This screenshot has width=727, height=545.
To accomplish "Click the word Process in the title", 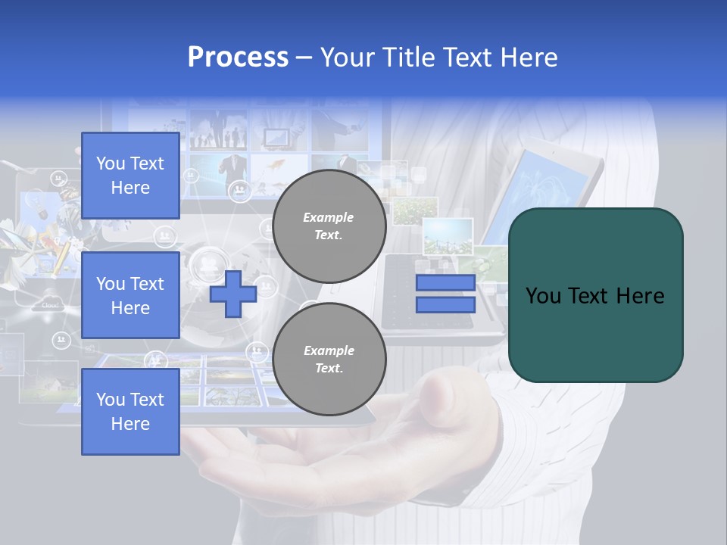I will pyautogui.click(x=238, y=58).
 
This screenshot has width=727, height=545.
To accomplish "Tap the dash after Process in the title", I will pyautogui.click(x=304, y=58).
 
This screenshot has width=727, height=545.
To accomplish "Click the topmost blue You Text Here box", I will pyautogui.click(x=130, y=176).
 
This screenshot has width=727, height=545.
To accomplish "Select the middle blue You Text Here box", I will pyautogui.click(x=130, y=295).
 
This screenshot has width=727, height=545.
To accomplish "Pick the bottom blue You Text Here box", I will pyautogui.click(x=130, y=412).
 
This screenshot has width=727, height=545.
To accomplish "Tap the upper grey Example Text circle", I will pyautogui.click(x=329, y=226).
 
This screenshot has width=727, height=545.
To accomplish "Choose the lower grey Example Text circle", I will pyautogui.click(x=329, y=360).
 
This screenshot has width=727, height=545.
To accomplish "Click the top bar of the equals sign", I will pyautogui.click(x=445, y=283).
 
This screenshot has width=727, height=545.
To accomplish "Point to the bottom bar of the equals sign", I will pyautogui.click(x=445, y=305).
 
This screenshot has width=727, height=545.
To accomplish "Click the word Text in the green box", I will pyautogui.click(x=589, y=296).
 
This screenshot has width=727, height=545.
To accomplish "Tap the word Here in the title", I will pyautogui.click(x=529, y=58).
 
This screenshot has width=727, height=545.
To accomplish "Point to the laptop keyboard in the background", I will pyautogui.click(x=413, y=291).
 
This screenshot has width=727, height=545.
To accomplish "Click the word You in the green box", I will pyautogui.click(x=543, y=296).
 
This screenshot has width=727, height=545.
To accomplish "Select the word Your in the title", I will pyautogui.click(x=348, y=58).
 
